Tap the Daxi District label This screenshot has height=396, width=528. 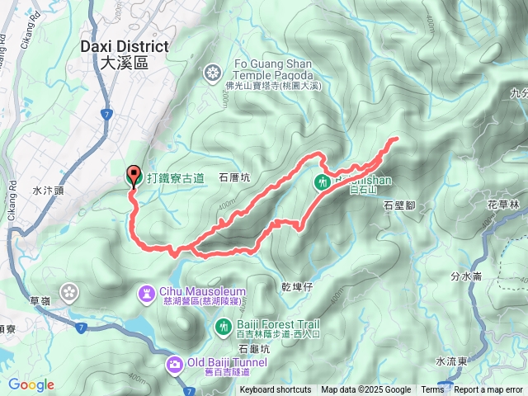click(x=125, y=54)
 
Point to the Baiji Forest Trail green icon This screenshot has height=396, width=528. click(x=222, y=328)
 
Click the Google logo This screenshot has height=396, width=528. click(x=31, y=384)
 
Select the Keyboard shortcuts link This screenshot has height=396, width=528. click(x=276, y=390)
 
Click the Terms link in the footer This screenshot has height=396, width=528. click(x=432, y=390)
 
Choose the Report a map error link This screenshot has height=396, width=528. click(x=488, y=390)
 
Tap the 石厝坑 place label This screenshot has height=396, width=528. click(x=233, y=177)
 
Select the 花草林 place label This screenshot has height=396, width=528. click(x=502, y=204)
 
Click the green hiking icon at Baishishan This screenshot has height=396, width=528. click(x=323, y=181)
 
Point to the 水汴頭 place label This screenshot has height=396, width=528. click(x=48, y=190)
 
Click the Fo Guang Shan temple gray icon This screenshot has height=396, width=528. click(x=213, y=71)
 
